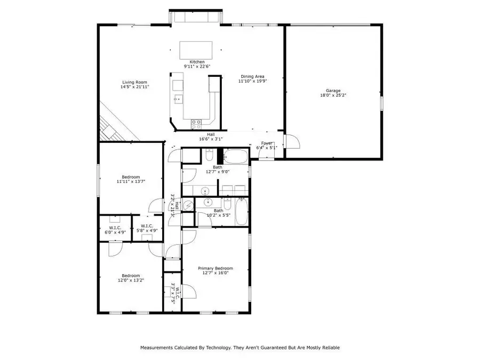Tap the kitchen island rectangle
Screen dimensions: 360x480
196,50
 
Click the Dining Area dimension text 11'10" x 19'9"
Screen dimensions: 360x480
252,82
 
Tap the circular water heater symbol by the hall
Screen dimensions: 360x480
188,205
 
